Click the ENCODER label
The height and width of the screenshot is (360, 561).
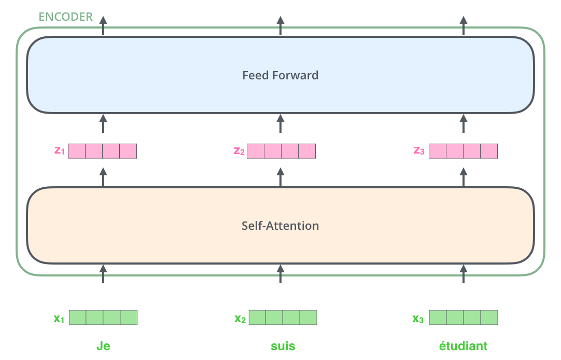coord(66,17)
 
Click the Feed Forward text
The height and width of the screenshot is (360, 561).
coord(280,75)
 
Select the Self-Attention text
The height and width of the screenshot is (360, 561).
coord(280,226)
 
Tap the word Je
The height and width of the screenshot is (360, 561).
coord(103,346)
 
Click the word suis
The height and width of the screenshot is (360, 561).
coord(283,346)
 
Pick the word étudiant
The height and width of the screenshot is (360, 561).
coord(463,346)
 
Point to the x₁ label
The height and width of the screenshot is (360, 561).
coord(59,318)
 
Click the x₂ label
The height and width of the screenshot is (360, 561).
coord(240,318)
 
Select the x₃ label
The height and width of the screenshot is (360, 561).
coord(418,318)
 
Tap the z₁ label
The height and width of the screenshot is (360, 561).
coord(60,151)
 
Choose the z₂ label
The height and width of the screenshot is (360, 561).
coord(239,151)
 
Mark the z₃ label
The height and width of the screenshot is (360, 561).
coord(419,151)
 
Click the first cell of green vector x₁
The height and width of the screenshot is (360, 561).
coord(78,317)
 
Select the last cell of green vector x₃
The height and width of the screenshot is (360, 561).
coord(489,317)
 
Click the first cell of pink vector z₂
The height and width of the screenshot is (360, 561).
coord(256,151)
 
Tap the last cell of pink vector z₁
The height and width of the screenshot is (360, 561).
coord(128,151)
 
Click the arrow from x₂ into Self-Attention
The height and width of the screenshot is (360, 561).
coord(280,273)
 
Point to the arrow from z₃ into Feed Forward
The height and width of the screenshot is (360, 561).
coord(464,124)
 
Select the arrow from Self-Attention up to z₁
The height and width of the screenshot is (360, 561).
coord(103,177)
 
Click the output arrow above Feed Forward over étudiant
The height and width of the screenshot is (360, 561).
coord(464,25)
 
